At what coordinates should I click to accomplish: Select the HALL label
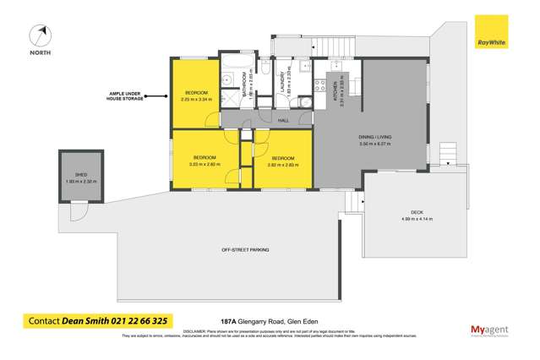281,120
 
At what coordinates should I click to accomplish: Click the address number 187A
226,322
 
